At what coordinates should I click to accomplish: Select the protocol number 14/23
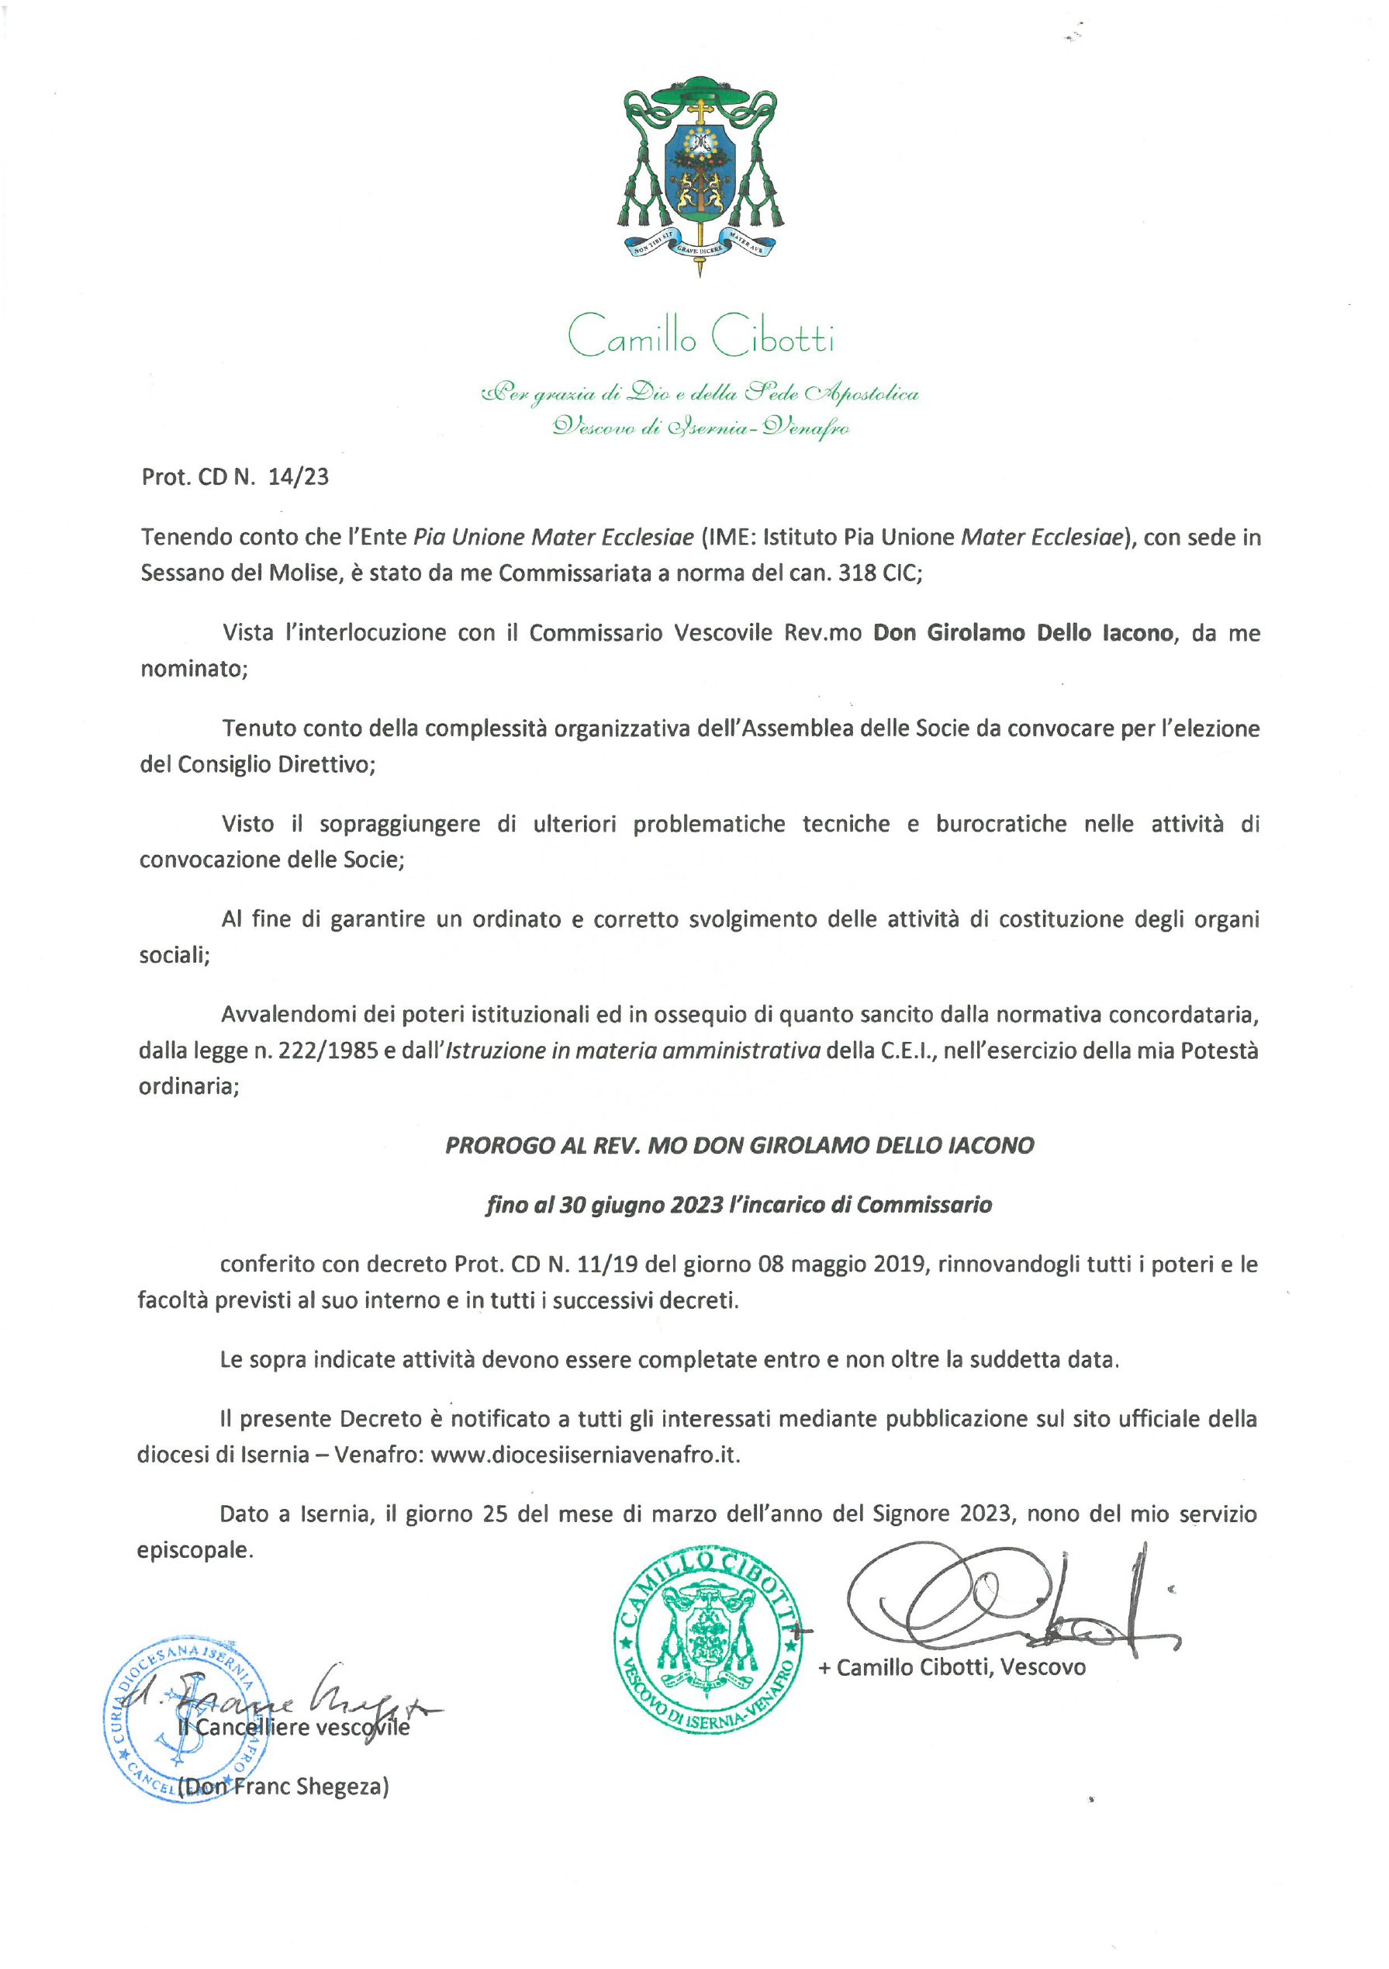tap(299, 477)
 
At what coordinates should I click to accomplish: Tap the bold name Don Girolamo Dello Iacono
tap(1023, 633)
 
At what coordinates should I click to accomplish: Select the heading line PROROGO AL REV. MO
tap(739, 1146)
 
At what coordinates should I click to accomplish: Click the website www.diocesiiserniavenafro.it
tap(584, 1455)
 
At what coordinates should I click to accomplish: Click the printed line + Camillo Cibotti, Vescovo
tap(952, 1667)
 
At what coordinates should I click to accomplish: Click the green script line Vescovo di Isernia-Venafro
tap(700, 426)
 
